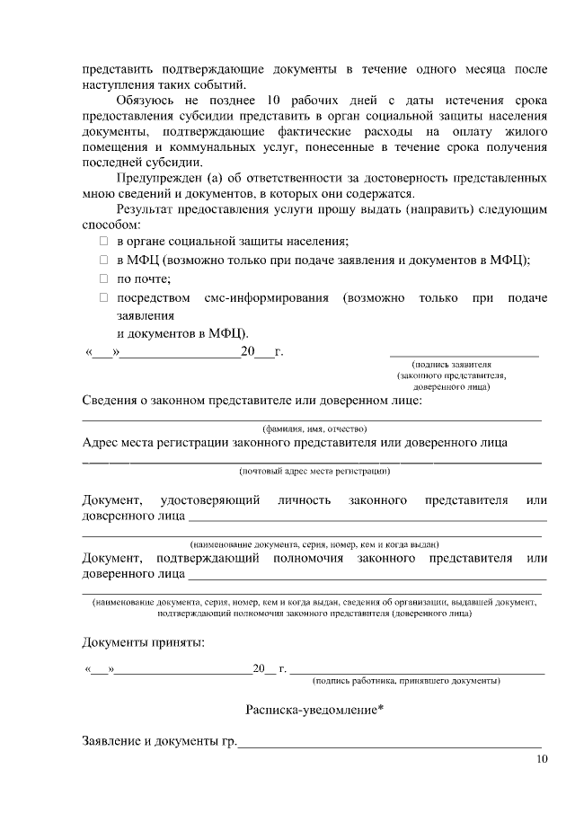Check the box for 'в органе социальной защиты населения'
[103, 243]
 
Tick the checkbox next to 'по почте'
[103, 279]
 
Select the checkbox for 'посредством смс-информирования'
[103, 297]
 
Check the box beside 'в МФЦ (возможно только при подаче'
[103, 261]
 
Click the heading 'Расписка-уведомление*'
[314, 711]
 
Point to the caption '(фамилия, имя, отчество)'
[314, 429]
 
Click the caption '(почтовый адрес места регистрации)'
[314, 471]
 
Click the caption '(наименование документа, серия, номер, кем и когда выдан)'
[314, 544]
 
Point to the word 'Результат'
[146, 208]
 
